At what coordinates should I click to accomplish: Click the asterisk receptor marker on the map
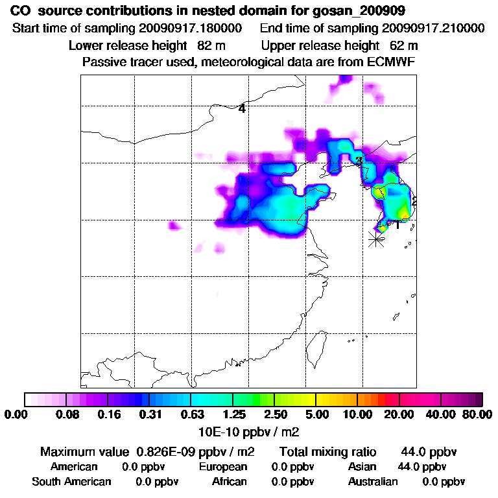coord(375,239)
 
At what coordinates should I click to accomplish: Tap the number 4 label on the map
coord(242,109)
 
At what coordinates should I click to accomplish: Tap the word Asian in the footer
coord(364,467)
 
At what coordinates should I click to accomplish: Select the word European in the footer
coord(223,467)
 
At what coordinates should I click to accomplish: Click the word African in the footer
coord(229,482)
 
